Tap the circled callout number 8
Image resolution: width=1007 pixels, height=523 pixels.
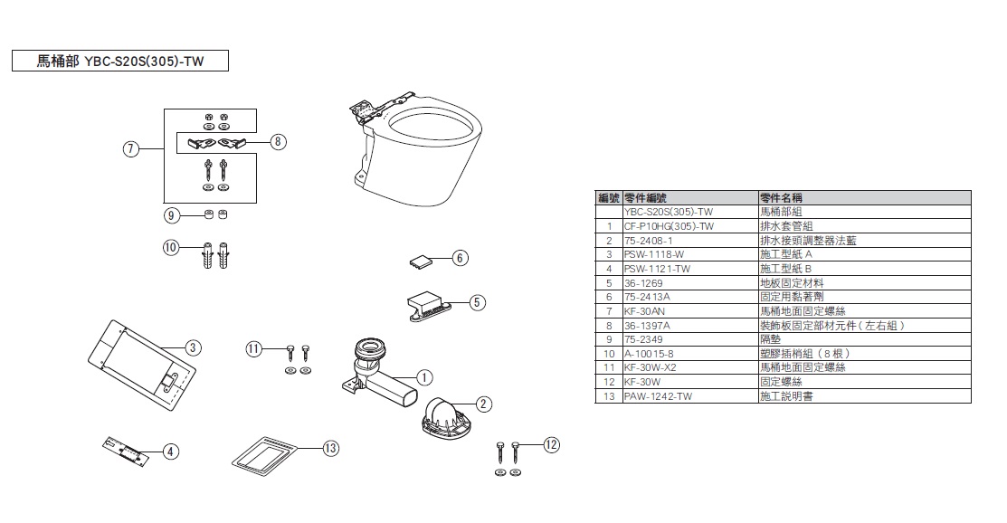pos(278,141)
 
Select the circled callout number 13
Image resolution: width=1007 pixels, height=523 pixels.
pos(331,448)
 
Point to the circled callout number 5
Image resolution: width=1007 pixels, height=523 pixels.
pos(478,302)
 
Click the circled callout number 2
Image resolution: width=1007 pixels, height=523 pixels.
pos(484,404)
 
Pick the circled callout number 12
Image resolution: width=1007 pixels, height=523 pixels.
pos(553,443)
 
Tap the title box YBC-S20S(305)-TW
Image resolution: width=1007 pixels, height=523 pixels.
pos(119,61)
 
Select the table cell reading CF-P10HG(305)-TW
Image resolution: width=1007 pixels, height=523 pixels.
pos(670,226)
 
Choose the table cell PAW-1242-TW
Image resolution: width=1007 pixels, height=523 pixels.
pos(658,396)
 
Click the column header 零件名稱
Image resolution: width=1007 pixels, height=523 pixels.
pos(782,197)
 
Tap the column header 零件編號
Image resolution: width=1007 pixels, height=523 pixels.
pos(646,197)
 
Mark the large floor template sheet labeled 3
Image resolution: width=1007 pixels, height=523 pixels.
pos(145,359)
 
